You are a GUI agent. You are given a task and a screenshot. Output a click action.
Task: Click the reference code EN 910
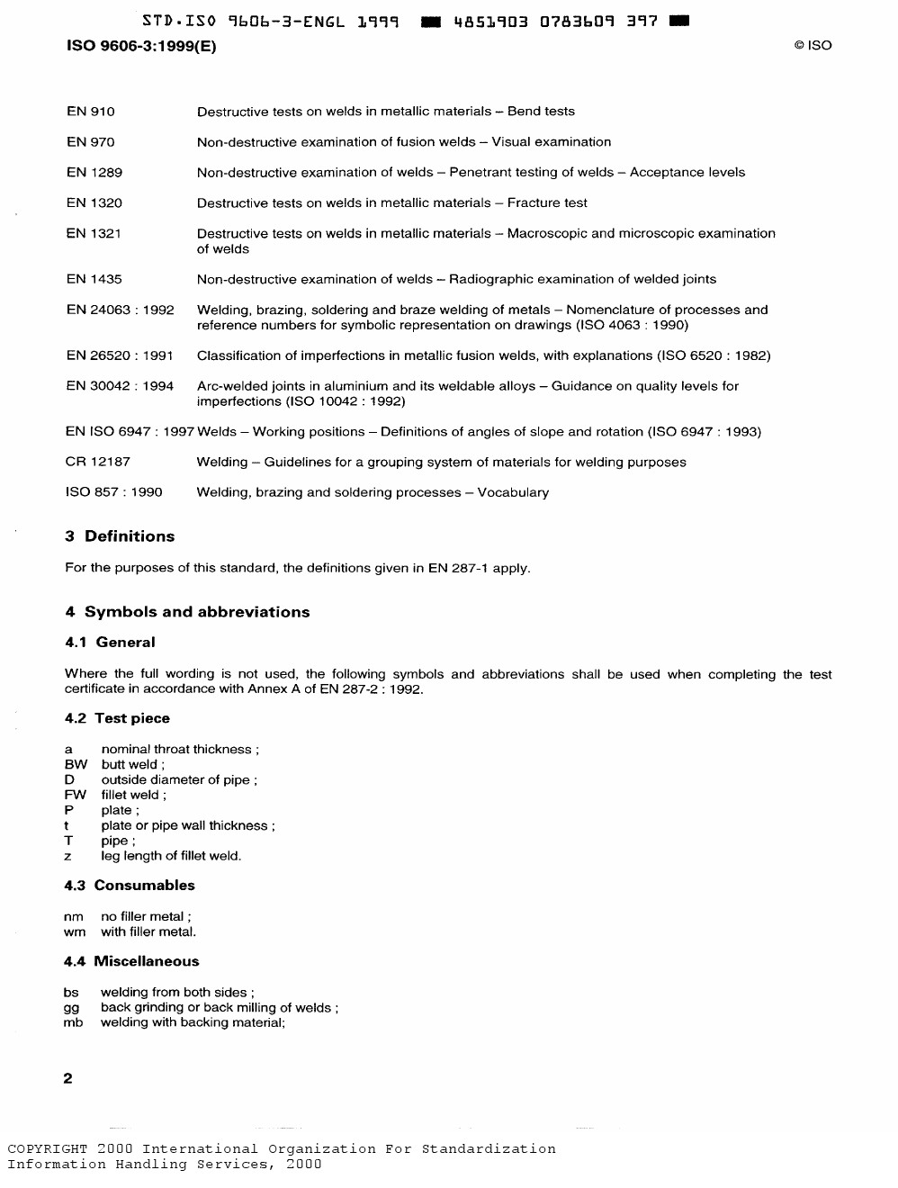coord(91,112)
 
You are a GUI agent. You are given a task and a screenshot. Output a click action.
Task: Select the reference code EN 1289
coord(94,173)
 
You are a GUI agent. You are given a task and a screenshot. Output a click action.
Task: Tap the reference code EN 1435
coord(94,280)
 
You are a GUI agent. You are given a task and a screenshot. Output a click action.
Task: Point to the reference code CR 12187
coord(98,463)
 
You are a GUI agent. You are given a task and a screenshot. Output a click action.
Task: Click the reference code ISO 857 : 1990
coord(114,493)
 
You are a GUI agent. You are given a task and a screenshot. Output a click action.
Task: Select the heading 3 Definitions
coord(120,536)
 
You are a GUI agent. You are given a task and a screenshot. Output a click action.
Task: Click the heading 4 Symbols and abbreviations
coord(187,612)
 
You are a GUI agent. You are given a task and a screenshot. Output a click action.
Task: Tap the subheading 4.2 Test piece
coord(117,719)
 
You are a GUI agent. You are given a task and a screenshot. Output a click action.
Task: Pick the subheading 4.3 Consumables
coord(130,886)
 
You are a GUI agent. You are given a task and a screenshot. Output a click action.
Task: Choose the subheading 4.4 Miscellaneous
coord(131,962)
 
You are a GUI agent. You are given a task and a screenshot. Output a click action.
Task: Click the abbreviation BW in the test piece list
coord(76,765)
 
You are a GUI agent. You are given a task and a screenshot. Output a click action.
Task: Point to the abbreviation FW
coord(76,796)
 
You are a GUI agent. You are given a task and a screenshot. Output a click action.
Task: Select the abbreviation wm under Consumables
coord(75,932)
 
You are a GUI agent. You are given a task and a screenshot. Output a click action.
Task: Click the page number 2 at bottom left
coord(68,1079)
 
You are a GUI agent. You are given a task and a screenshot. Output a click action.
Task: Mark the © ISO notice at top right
coord(813,46)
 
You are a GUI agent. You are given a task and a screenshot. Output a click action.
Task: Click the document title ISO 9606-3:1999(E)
coord(142,46)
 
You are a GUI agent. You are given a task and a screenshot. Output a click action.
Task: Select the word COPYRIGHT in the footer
coord(48,1149)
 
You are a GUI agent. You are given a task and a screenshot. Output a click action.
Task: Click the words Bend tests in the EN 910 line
coord(541,112)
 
